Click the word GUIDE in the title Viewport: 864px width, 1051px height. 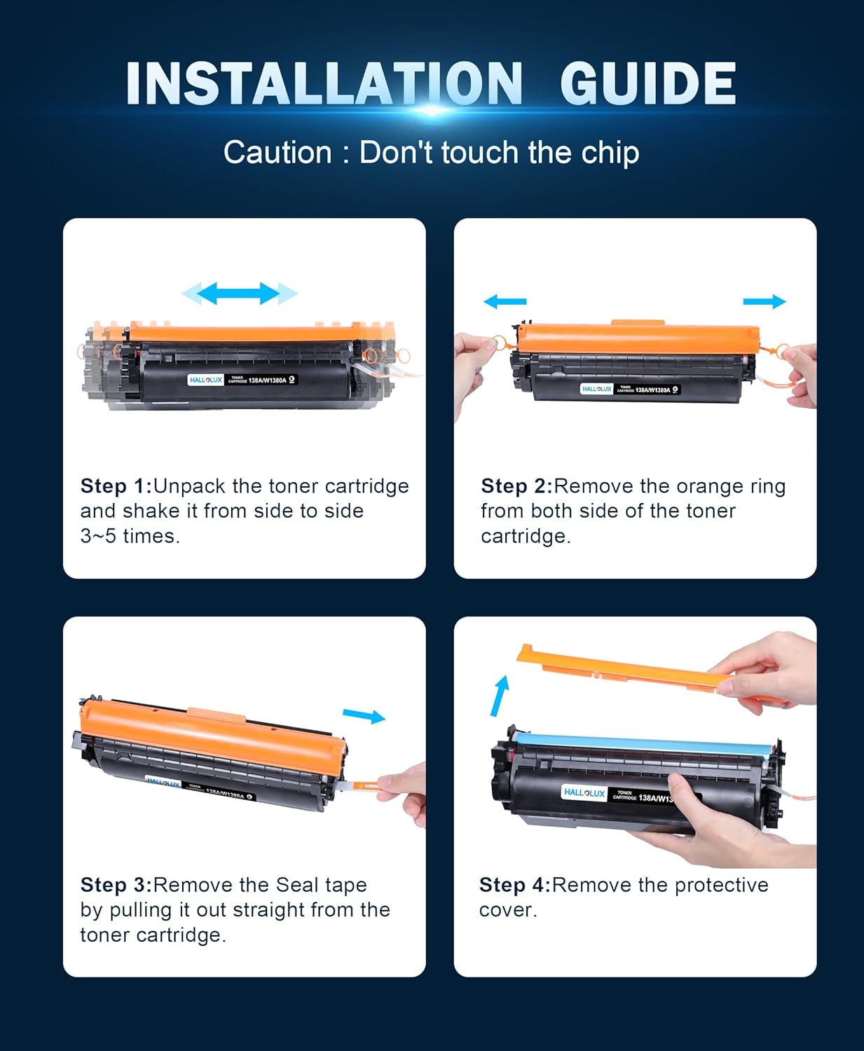point(647,84)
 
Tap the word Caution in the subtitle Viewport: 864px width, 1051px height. point(277,153)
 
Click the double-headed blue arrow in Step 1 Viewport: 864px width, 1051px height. point(240,294)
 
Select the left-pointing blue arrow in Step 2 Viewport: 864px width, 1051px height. point(505,301)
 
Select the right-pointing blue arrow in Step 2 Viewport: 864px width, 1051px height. point(764,301)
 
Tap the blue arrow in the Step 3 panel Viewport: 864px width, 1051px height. point(364,715)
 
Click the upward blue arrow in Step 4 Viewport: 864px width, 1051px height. point(500,695)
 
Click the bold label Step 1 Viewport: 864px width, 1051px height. point(116,486)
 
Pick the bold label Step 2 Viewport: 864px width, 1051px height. point(516,486)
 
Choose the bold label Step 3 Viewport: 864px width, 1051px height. point(116,885)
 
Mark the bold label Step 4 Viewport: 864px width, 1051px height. point(514,885)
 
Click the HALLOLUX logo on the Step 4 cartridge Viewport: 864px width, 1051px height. point(584,792)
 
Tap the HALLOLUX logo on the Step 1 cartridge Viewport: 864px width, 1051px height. point(205,380)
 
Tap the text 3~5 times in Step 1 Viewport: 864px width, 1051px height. point(130,536)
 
